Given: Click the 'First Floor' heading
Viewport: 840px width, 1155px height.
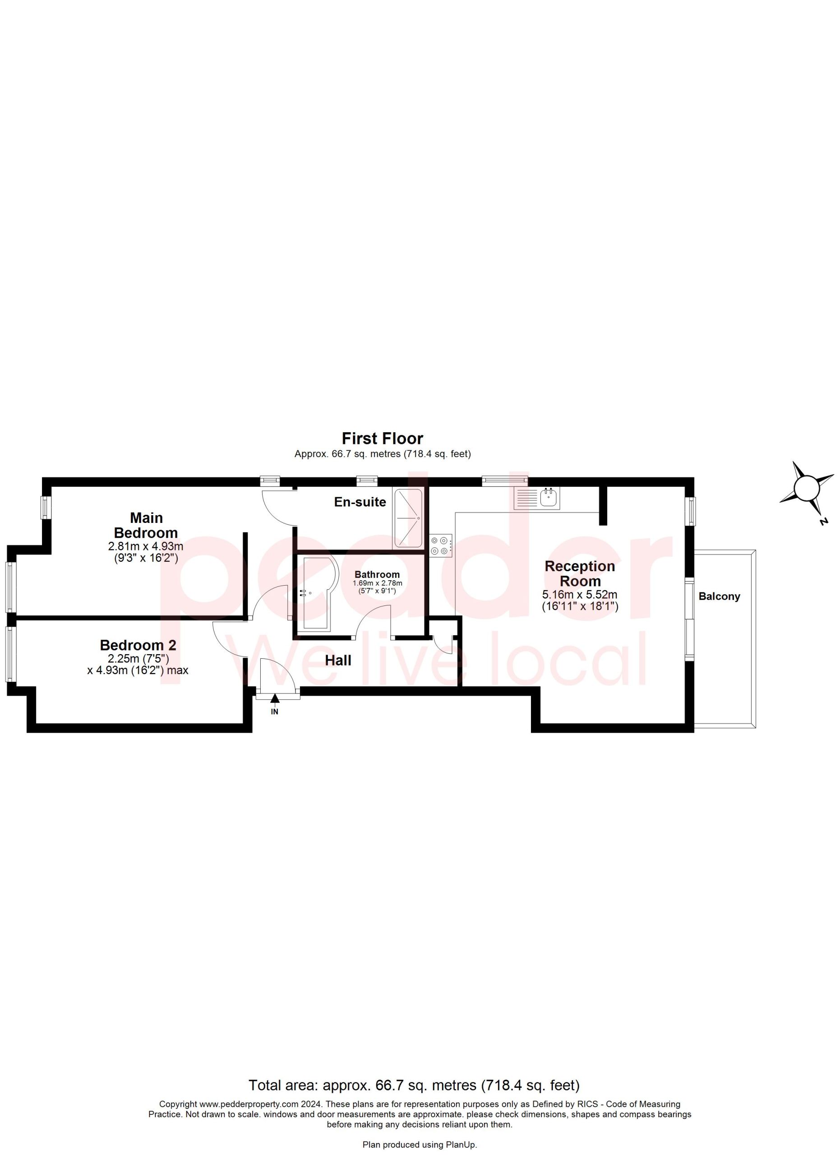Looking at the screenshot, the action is point(382,439).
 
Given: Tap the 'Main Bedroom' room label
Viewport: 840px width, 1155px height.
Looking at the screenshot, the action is point(146,526).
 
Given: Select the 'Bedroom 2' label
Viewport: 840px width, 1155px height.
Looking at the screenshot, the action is point(138,645).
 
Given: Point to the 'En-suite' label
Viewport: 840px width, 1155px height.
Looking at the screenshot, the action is point(360,502).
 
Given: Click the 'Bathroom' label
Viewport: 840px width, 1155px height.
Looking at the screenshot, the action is point(377,574).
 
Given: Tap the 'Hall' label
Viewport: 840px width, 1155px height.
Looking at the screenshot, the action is point(338,661).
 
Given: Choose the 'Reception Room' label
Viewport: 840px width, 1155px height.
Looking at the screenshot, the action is point(580,573).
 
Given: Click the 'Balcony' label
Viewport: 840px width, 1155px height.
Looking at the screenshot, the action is point(720,596).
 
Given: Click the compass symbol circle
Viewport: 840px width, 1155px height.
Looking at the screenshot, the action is point(807,488).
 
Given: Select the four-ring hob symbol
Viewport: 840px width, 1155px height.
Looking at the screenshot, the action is point(441,545).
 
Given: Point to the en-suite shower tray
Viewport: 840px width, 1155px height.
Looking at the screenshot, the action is point(408,518).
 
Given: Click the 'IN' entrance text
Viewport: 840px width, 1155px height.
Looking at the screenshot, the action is point(275,712).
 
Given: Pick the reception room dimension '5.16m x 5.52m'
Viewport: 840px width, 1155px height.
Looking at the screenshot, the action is point(580,594).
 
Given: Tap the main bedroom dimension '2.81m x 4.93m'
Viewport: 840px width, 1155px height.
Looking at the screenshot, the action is point(146,546).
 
